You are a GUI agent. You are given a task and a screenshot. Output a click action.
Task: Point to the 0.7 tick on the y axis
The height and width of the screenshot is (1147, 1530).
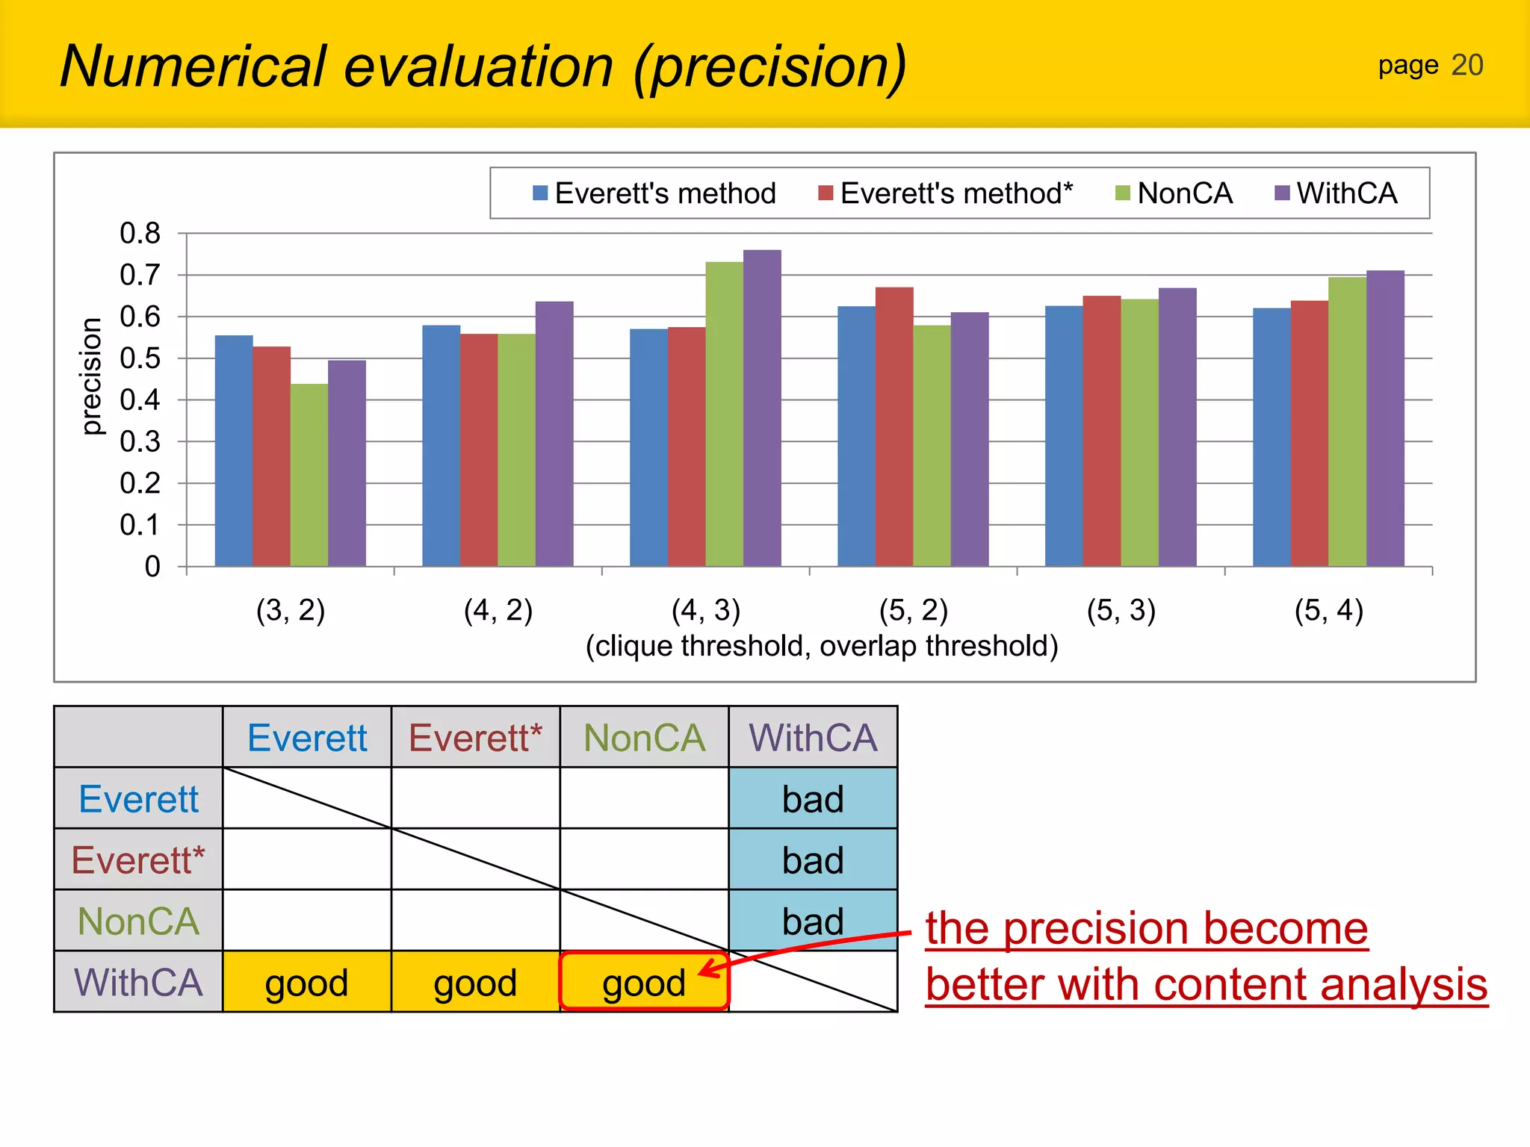140,276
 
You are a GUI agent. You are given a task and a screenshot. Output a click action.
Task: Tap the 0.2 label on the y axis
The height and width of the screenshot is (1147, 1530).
140,484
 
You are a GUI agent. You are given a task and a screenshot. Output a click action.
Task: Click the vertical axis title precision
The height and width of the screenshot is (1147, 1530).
91,376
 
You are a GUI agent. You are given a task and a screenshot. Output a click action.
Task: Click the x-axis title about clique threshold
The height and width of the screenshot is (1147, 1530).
822,646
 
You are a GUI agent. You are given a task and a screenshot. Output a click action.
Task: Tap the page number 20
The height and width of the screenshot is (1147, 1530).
1466,66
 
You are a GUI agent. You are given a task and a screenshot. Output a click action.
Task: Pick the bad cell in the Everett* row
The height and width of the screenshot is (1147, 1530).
813,860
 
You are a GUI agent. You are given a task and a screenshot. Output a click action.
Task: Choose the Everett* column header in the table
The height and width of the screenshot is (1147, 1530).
475,738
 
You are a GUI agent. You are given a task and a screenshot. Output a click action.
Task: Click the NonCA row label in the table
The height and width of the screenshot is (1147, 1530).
139,921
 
